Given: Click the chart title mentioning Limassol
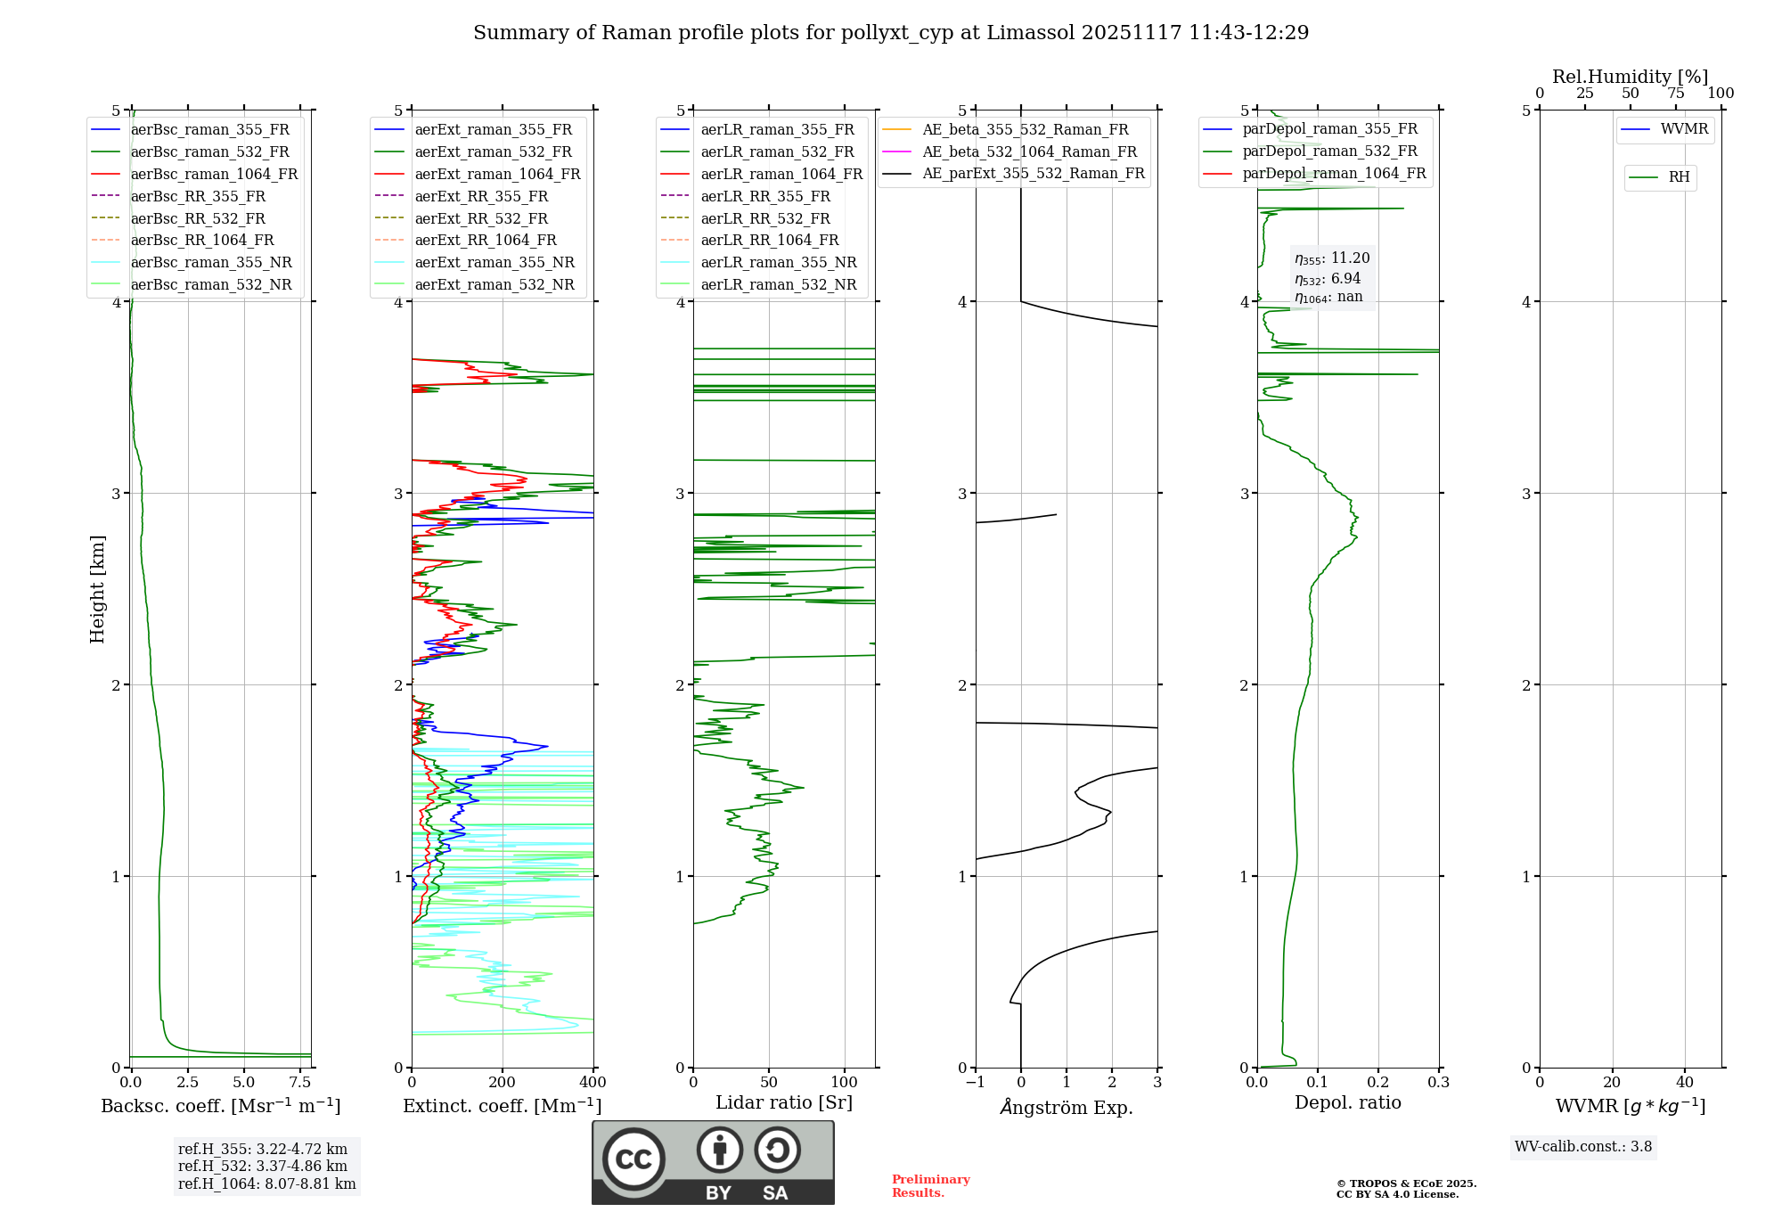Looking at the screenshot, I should [x=891, y=33].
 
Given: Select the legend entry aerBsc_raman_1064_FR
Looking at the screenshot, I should [x=214, y=174].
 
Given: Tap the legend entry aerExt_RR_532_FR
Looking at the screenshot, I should [x=481, y=218].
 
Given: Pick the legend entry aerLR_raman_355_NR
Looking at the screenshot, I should [x=778, y=262].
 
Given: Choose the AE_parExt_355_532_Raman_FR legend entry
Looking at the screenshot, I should [x=1034, y=173].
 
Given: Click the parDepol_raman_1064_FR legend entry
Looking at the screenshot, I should [x=1334, y=173].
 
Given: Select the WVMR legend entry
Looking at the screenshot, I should [x=1684, y=129].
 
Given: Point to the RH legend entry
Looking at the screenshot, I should [x=1679, y=177].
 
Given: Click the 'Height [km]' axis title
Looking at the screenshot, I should [x=97, y=589].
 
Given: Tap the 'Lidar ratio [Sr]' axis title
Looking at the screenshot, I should [x=784, y=1102].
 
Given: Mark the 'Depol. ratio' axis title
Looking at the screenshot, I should [x=1347, y=1102].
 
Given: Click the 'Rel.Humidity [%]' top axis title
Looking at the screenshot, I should [x=1630, y=77].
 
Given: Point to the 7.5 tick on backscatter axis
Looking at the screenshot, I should [x=300, y=1083].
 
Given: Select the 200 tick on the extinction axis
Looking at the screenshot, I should [x=503, y=1083].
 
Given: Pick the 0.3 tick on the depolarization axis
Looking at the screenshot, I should [x=1438, y=1083].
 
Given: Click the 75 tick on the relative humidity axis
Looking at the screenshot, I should [x=1676, y=94].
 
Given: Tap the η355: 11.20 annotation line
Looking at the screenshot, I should [x=1332, y=258].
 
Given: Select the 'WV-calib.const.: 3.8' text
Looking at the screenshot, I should [x=1583, y=1147].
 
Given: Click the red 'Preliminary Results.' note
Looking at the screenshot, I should [x=930, y=1186].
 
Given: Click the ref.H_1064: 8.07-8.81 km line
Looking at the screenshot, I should [x=266, y=1183].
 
